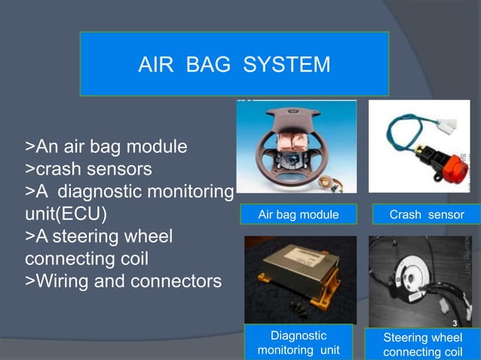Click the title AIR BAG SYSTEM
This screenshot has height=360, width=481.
coord(234,65)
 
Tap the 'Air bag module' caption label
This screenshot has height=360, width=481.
coord(298,215)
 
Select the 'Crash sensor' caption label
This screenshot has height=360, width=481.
coord(426,215)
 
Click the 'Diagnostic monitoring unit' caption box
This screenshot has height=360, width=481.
coord(298,343)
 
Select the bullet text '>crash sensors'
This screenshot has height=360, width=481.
coord(89,167)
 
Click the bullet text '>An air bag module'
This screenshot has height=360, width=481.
coord(106,145)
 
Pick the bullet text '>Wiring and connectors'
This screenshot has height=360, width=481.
coord(124,282)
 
